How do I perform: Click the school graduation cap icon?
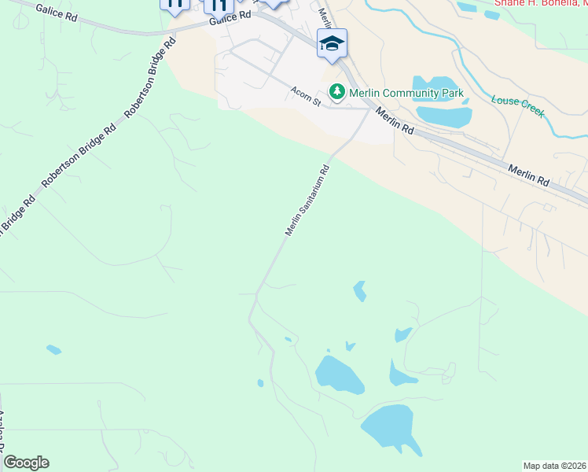point(332,44)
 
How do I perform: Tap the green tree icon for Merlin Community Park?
point(337,93)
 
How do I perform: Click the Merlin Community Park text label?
point(406,94)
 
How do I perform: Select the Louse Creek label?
point(517,106)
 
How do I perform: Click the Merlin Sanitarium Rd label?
point(306,201)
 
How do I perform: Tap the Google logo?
point(26,463)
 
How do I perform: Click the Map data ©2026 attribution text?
point(554,466)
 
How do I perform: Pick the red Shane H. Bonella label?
point(540,3)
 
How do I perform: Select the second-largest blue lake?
point(339,374)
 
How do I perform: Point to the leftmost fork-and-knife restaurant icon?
point(175,4)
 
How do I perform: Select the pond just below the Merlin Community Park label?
point(444,115)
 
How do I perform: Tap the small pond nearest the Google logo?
point(53,348)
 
